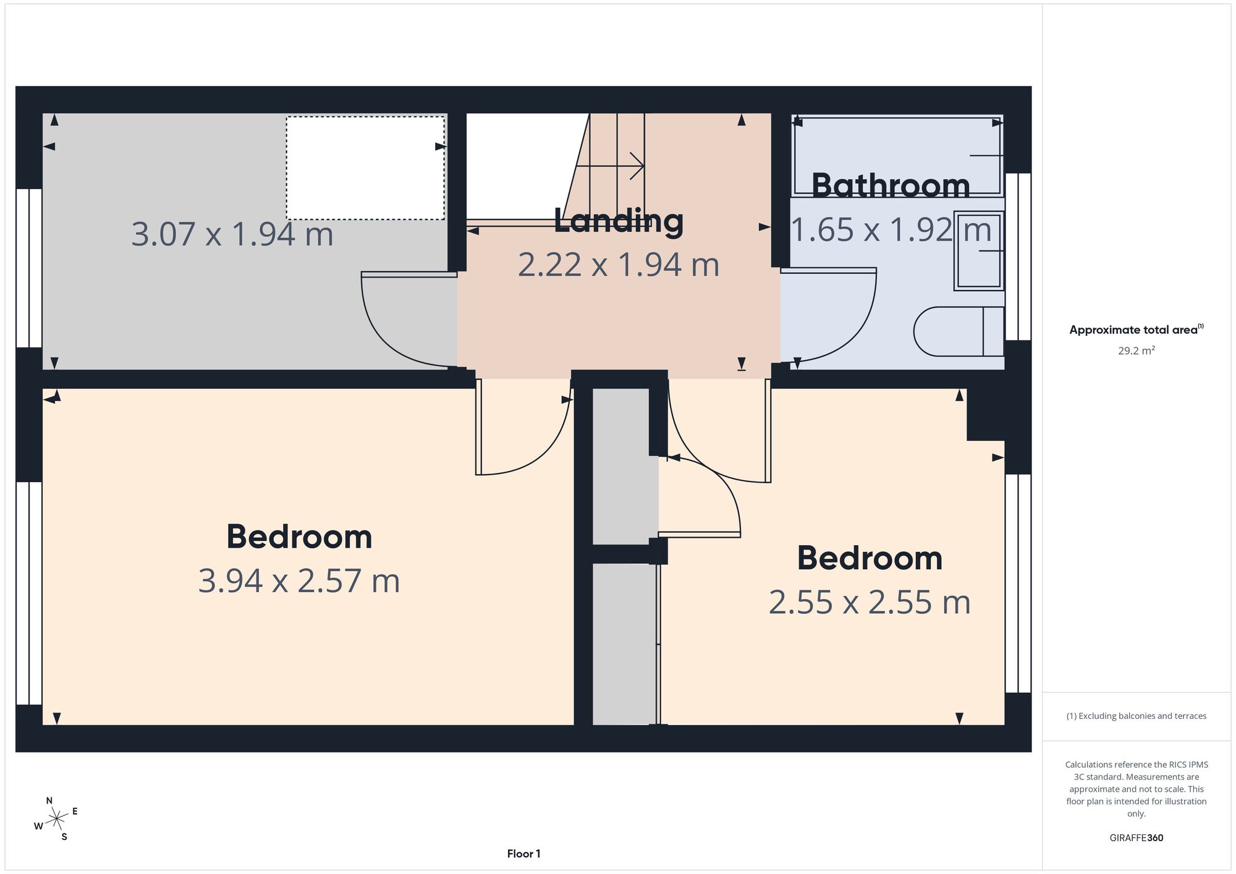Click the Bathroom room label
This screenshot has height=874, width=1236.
891,185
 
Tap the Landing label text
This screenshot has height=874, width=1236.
619,221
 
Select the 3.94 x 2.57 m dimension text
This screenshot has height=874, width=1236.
299,581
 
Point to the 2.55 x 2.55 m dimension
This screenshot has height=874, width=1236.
870,602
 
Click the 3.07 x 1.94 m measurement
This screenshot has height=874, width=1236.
232,234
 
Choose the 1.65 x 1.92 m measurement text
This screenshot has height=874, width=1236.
891,229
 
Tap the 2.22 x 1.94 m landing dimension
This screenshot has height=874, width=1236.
619,265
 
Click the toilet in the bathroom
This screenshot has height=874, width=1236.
959,331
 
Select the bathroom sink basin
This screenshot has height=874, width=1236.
978,250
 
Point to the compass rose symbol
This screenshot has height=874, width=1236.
56,819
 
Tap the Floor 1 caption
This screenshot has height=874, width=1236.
523,854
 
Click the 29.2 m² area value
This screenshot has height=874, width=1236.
1137,350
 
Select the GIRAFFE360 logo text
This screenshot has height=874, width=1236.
1137,838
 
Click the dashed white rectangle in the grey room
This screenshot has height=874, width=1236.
365,168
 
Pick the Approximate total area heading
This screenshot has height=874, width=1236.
1137,329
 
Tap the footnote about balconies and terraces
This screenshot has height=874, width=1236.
1137,716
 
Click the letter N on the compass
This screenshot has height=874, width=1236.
49,800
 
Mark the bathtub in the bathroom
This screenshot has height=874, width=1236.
897,156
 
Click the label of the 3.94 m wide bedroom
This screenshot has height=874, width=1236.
299,537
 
